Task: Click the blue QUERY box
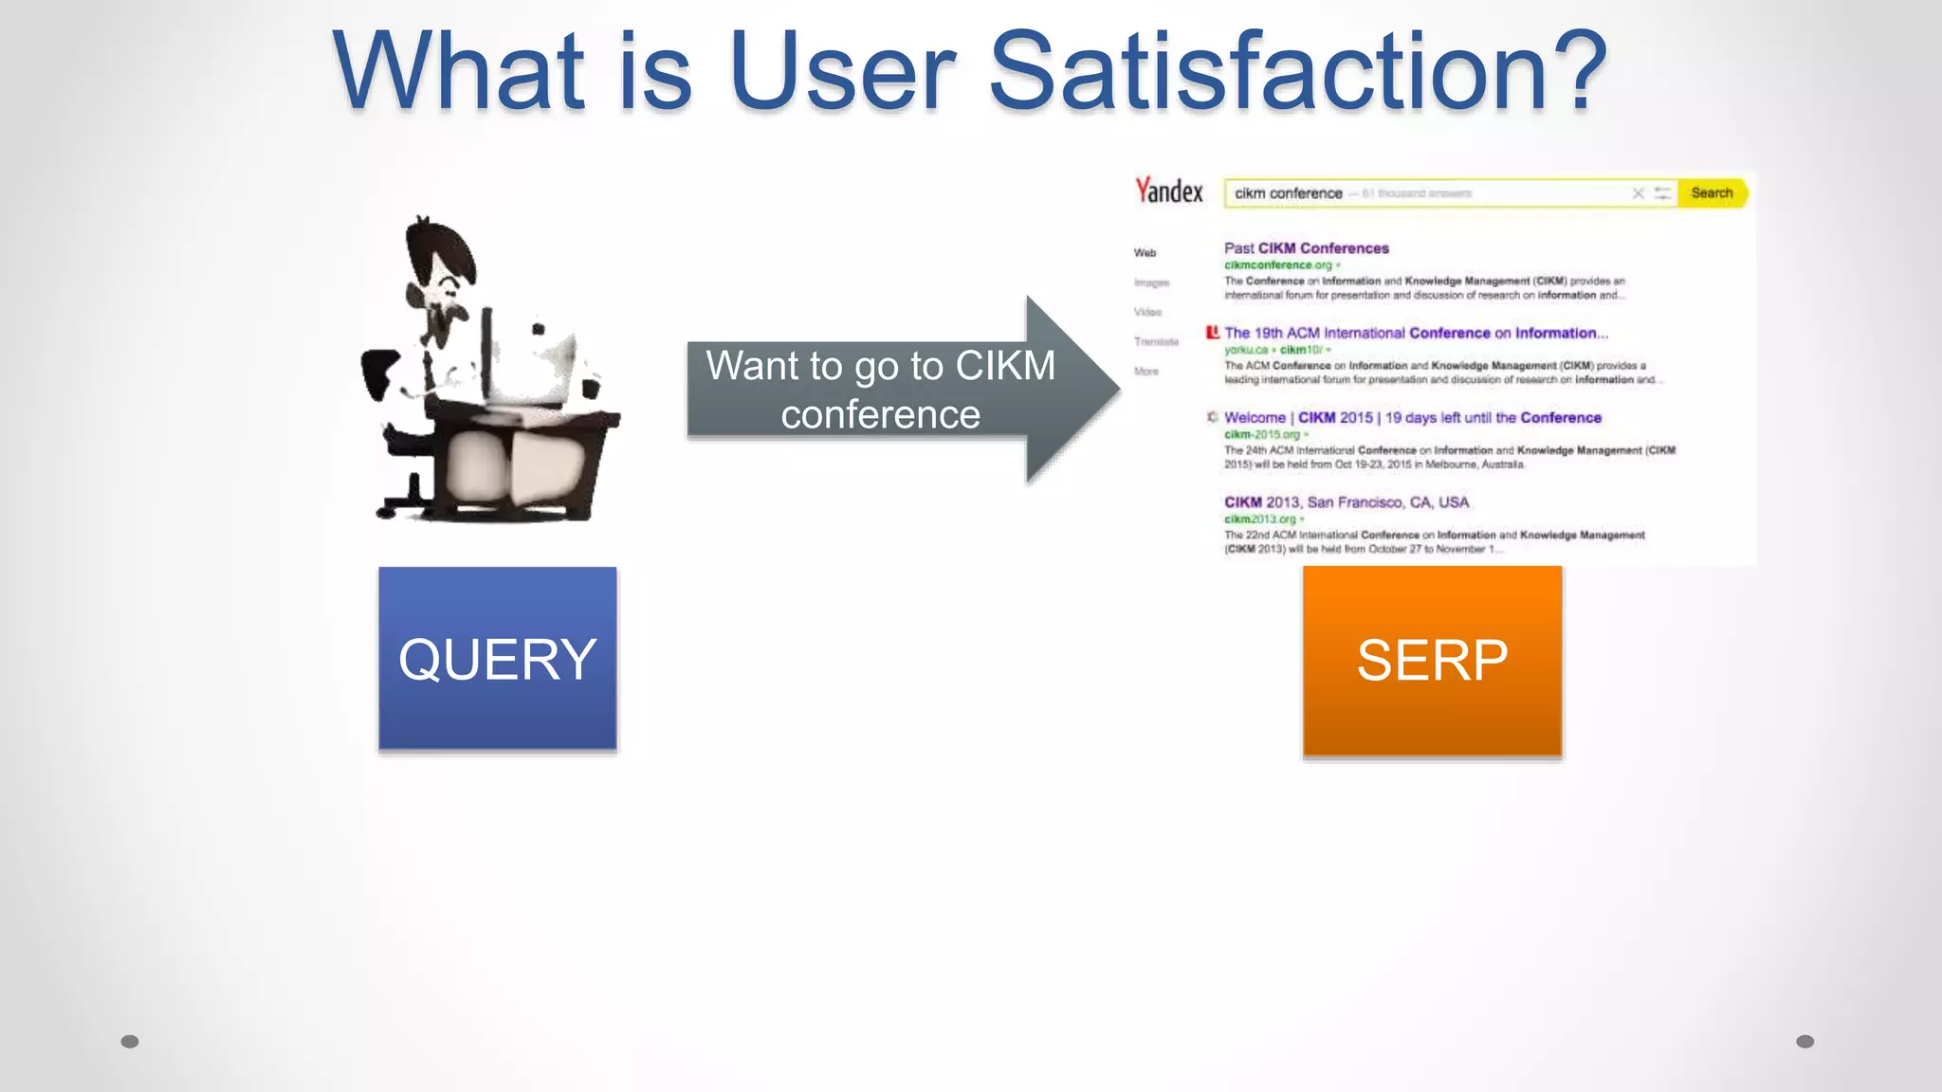pyautogui.click(x=497, y=659)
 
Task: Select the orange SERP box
pyautogui.click(x=1432, y=661)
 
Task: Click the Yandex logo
pyautogui.click(x=1169, y=191)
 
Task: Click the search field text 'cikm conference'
pyautogui.click(x=1288, y=193)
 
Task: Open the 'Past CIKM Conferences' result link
pyautogui.click(x=1306, y=248)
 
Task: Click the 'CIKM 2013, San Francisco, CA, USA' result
pyautogui.click(x=1346, y=502)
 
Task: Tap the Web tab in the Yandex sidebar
pyautogui.click(x=1145, y=253)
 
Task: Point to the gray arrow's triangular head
pyautogui.click(x=1072, y=390)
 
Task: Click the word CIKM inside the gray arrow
pyautogui.click(x=1005, y=366)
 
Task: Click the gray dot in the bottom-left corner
pyautogui.click(x=130, y=1042)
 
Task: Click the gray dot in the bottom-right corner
pyautogui.click(x=1805, y=1042)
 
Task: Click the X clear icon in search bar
pyautogui.click(x=1638, y=193)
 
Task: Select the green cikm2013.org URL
pyautogui.click(x=1259, y=519)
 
